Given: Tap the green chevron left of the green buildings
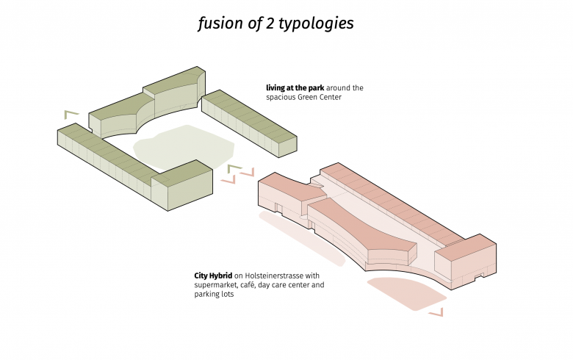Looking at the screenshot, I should tap(71, 114).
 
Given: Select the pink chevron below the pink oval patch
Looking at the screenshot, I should tap(436, 313).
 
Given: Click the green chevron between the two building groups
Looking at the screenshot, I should tap(234, 169).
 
